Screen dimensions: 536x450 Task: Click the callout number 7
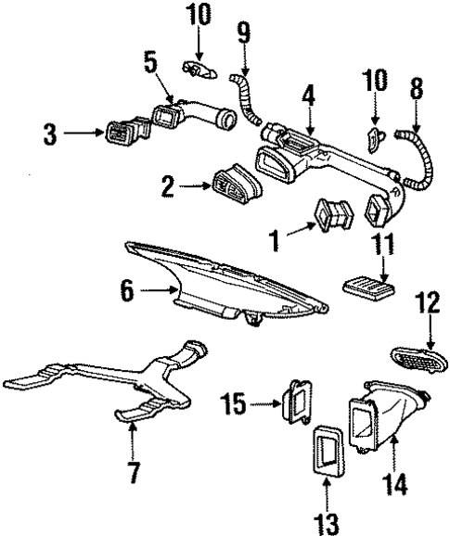click(135, 474)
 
